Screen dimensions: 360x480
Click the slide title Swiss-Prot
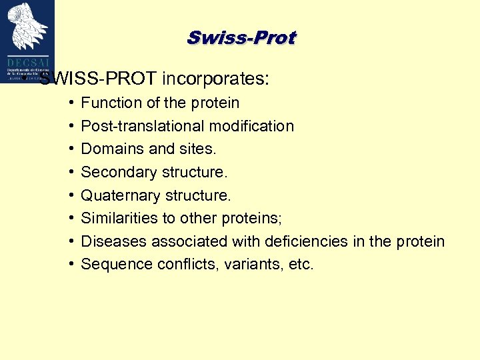[241, 37]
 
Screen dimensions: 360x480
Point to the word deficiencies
[304, 241]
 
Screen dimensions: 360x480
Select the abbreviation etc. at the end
[301, 264]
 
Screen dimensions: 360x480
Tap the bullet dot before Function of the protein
[70, 103]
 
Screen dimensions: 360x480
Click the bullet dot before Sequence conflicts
[70, 264]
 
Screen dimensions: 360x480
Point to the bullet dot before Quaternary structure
[70, 195]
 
